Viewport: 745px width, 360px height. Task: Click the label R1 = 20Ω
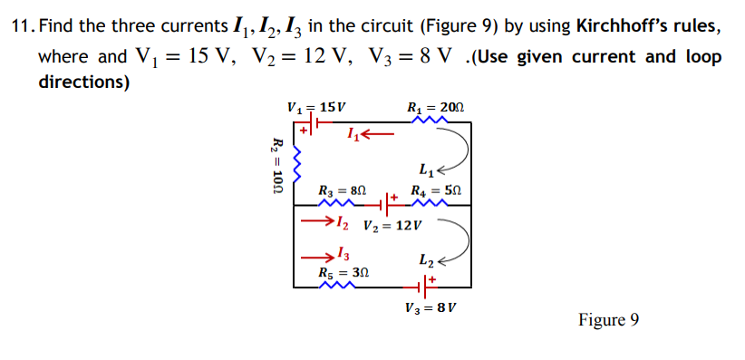coord(438,107)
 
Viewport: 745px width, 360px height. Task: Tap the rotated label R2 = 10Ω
coord(271,167)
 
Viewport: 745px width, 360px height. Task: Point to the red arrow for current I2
coord(316,222)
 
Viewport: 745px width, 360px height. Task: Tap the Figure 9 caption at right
coord(608,319)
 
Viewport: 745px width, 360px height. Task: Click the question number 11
coord(22,24)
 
